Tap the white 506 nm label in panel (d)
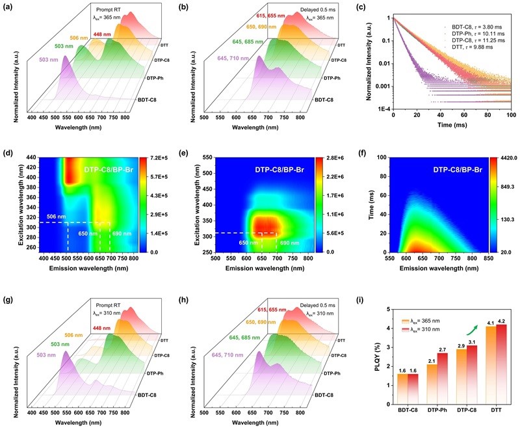pyautogui.click(x=56, y=216)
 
